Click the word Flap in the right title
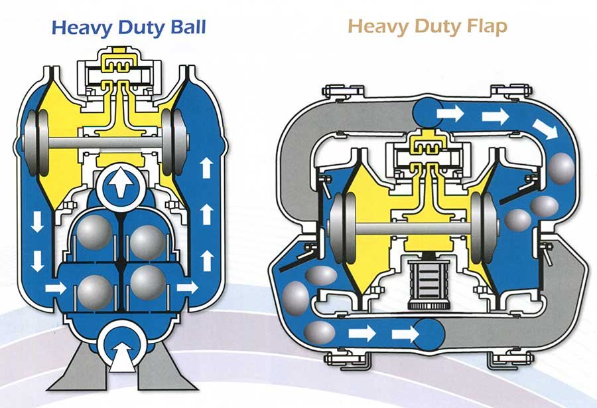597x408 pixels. coord(488,27)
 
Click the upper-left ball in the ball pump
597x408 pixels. coord(94,232)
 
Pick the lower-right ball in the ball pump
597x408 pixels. coord(148,282)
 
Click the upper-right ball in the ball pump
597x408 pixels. coord(148,243)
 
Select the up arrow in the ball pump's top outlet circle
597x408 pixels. coord(121,182)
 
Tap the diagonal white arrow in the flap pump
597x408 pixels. coord(545,129)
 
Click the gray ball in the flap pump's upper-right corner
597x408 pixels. coord(562,168)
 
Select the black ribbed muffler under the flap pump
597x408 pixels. coord(427,284)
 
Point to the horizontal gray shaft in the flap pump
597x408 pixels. coord(413,228)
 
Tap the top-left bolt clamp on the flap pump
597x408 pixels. coord(343,92)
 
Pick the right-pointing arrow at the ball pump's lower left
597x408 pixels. coord(56,288)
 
